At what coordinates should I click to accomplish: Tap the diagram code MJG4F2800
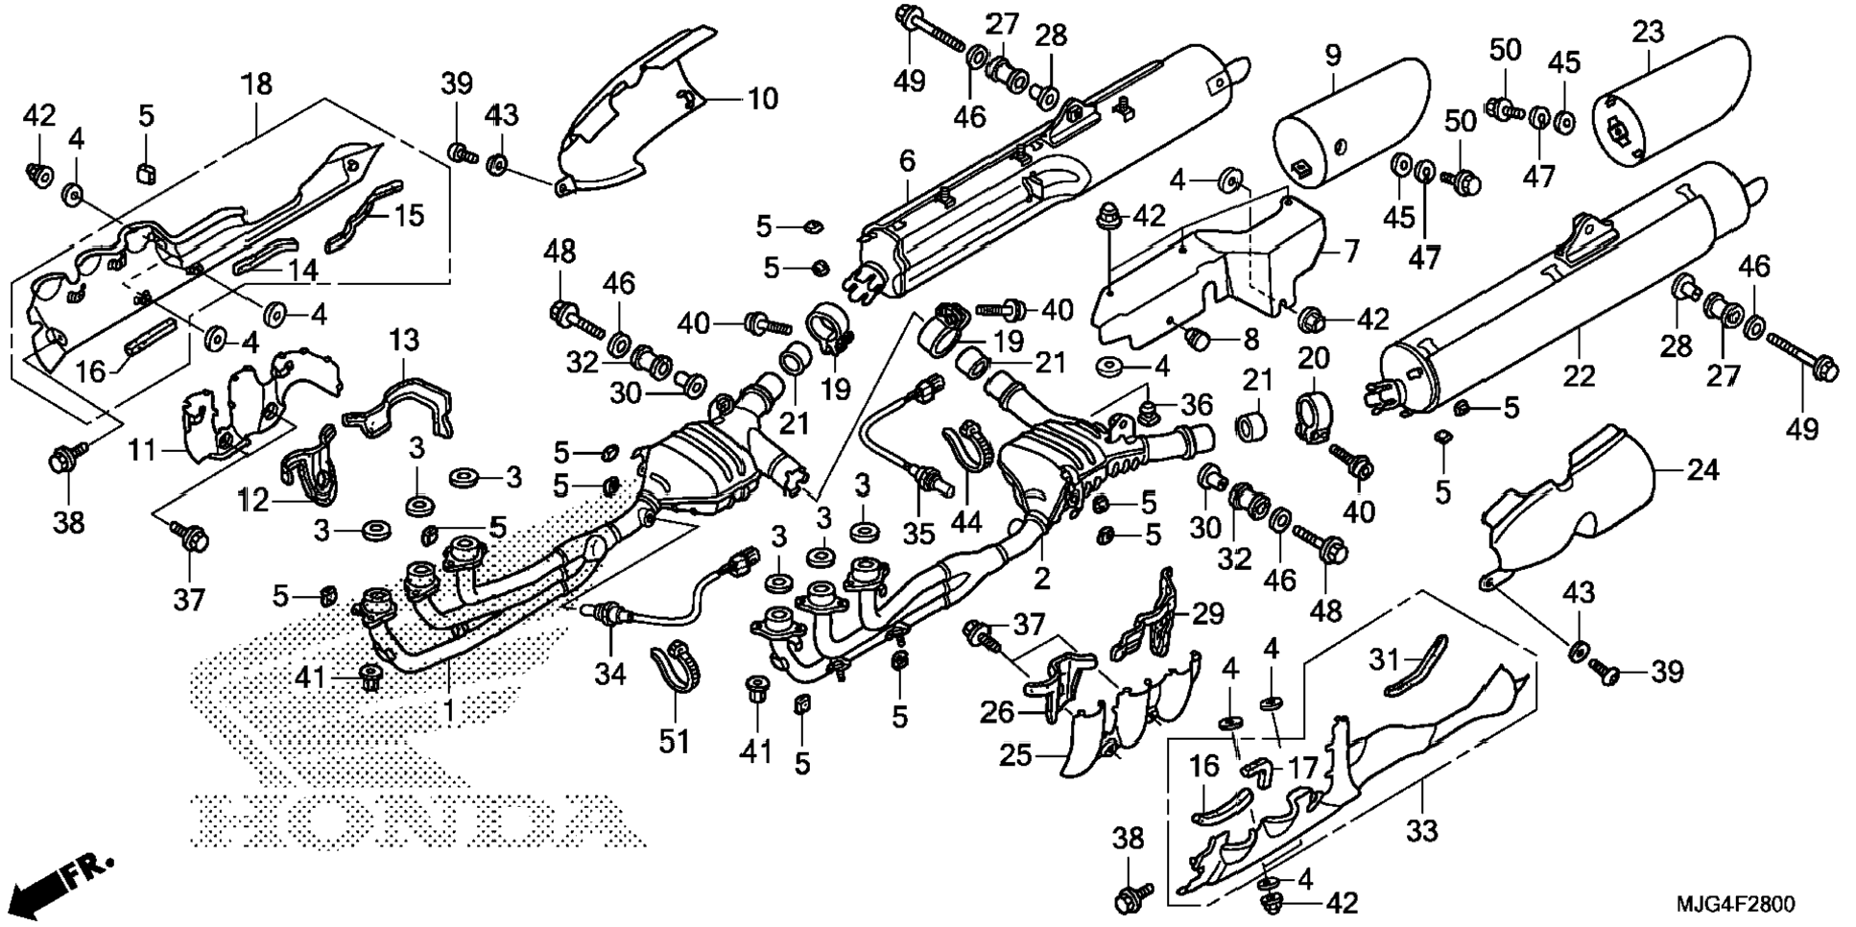click(1734, 904)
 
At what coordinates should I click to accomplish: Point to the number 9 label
click(1333, 55)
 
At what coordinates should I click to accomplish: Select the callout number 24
click(1702, 470)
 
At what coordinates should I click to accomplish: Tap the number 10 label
click(763, 98)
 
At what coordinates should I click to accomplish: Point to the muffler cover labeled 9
click(1348, 125)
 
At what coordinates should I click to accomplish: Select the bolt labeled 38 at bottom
click(1129, 900)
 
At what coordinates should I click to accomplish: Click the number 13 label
click(404, 341)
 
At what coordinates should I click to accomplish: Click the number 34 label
click(609, 675)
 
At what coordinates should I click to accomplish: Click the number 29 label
click(1208, 614)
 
